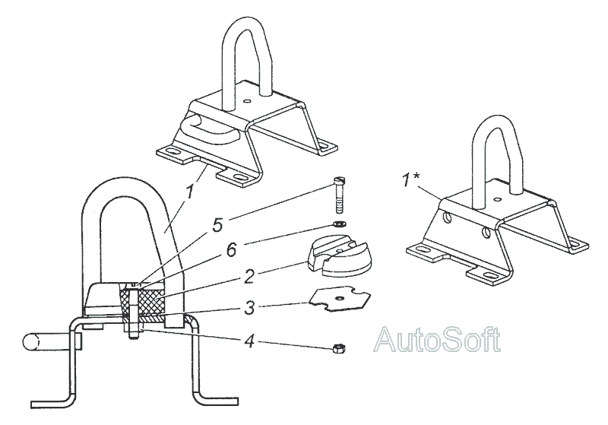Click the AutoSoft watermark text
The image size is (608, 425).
coord(438,338)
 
